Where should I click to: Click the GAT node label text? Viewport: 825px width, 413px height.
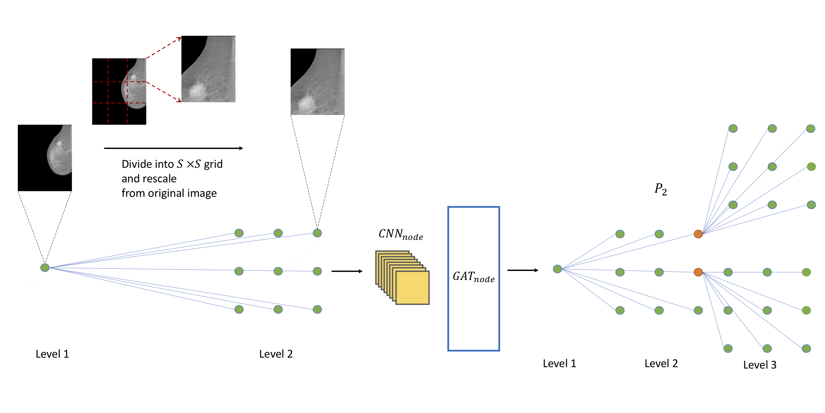click(x=473, y=277)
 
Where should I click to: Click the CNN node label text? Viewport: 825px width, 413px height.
click(x=401, y=235)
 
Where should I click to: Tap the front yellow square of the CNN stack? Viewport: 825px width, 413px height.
click(x=412, y=288)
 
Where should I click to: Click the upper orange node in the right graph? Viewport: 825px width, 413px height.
click(x=698, y=234)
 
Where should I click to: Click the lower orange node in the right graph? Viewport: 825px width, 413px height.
click(x=698, y=272)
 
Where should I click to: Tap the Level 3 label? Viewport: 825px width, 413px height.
click(x=760, y=365)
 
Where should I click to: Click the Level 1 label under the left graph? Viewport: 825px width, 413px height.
click(x=52, y=354)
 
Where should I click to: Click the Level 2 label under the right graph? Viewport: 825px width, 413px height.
click(x=661, y=363)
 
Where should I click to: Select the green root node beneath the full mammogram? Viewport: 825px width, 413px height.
click(x=45, y=267)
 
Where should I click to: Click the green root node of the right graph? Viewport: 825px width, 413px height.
click(x=557, y=269)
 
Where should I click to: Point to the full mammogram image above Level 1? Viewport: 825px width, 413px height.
click(x=45, y=158)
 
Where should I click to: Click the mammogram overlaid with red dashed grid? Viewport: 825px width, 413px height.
click(x=119, y=91)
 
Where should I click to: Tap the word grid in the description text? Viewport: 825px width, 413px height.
click(x=213, y=164)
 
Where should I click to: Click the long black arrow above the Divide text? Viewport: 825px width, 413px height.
click(x=173, y=148)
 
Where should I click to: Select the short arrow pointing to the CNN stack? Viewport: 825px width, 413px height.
click(x=347, y=271)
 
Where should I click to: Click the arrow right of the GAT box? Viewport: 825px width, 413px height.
click(x=523, y=270)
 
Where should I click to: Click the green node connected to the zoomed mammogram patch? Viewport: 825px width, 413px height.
click(x=317, y=233)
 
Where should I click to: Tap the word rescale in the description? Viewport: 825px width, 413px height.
click(x=160, y=178)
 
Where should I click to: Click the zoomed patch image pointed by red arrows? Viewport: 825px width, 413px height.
click(x=208, y=69)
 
